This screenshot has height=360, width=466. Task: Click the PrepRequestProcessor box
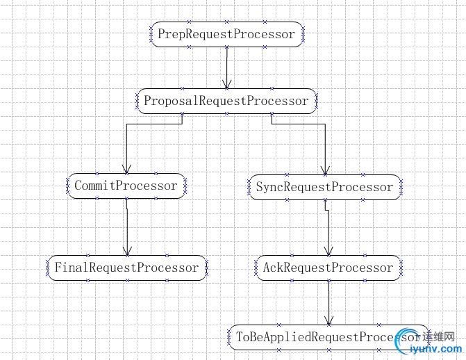click(x=226, y=34)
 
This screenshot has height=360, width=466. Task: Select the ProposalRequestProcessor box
click(x=226, y=101)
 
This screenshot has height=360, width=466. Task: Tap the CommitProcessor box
click(x=126, y=186)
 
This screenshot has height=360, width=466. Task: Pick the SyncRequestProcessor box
click(x=324, y=187)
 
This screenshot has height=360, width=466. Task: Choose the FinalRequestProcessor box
click(x=126, y=268)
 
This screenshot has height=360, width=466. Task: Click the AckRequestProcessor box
click(x=328, y=268)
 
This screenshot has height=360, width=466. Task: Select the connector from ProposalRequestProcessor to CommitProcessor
click(x=146, y=124)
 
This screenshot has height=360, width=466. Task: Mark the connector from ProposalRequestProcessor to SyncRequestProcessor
click(x=306, y=124)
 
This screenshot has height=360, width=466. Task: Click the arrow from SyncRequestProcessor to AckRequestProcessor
click(x=328, y=229)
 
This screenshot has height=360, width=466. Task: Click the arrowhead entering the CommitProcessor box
click(x=126, y=169)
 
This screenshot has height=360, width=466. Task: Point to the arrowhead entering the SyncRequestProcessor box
click(x=324, y=170)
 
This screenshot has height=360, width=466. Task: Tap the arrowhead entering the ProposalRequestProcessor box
click(x=227, y=84)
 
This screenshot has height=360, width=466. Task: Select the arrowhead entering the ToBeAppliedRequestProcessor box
click(x=328, y=320)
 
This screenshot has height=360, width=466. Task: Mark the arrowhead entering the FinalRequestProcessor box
click(x=127, y=251)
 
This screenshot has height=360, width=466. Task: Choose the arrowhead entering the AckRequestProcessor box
click(x=328, y=251)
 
